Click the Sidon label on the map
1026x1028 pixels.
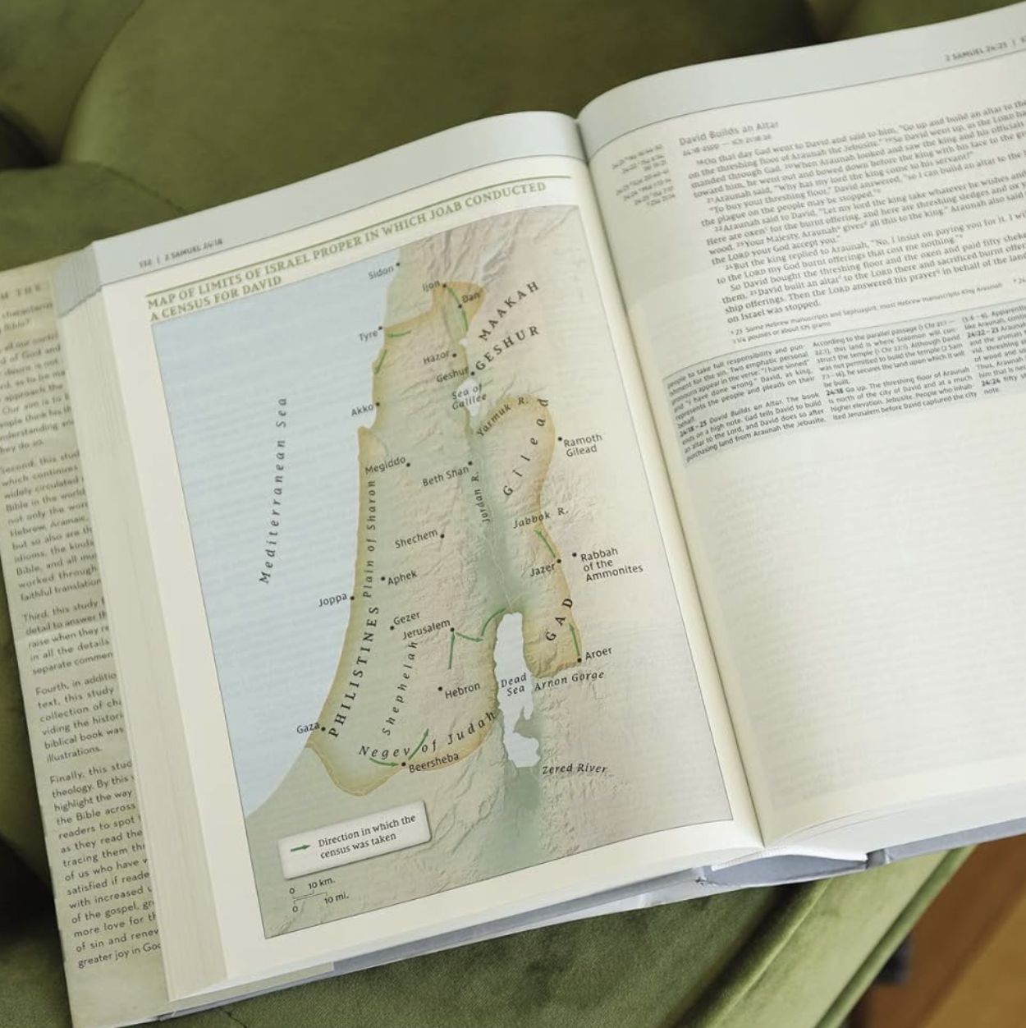(x=380, y=272)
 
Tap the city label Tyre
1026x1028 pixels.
(x=367, y=336)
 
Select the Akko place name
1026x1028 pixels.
(x=361, y=410)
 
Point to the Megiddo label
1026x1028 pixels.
(x=385, y=466)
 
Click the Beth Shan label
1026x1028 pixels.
(x=445, y=475)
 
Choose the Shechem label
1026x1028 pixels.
(x=416, y=539)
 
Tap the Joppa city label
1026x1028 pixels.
(x=333, y=600)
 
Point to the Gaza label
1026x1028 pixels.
(x=307, y=728)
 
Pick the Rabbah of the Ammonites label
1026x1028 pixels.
(x=607, y=565)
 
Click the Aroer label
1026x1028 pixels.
(x=598, y=653)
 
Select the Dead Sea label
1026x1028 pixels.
(x=513, y=686)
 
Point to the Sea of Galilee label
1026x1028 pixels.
(x=469, y=396)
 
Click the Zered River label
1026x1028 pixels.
(x=574, y=769)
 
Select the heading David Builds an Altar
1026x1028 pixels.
(x=728, y=131)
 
